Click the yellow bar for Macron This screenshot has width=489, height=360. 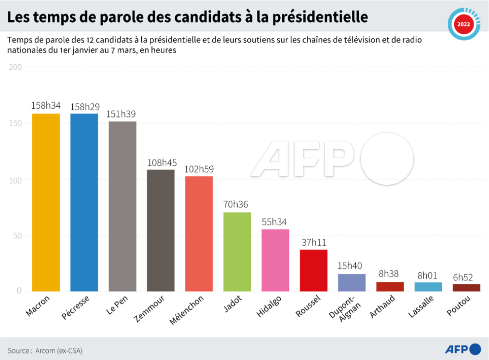click(x=46, y=203)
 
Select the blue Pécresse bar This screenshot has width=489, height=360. click(x=84, y=203)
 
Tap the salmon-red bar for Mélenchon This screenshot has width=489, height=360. click(x=199, y=234)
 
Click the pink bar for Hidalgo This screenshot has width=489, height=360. click(x=275, y=260)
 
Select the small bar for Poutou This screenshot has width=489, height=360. click(x=466, y=288)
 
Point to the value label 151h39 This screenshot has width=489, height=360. click(x=122, y=114)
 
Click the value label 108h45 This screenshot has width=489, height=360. click(x=161, y=162)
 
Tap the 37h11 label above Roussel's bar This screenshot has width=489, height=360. click(x=313, y=242)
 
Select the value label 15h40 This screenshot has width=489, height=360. click(x=352, y=266)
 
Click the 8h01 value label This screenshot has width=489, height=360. click(x=428, y=275)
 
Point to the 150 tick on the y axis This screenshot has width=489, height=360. click(x=15, y=124)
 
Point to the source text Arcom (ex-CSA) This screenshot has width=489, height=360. click(x=55, y=350)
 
